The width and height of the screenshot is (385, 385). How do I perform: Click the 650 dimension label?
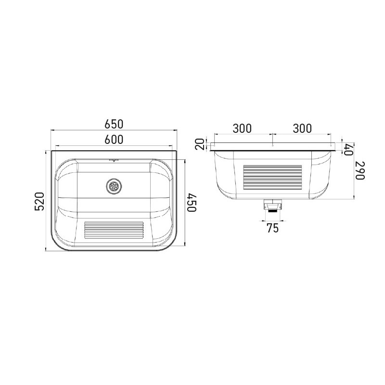[114, 124]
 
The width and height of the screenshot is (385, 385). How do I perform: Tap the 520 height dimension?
[39, 201]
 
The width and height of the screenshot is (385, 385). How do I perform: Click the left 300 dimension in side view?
[242, 128]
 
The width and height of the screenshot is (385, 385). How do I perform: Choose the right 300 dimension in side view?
[302, 128]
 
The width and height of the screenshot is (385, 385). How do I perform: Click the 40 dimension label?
[349, 149]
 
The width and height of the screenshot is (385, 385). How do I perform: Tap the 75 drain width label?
[272, 228]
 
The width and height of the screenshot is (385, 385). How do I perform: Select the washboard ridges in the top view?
[114, 230]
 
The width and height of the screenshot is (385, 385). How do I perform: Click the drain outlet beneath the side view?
[272, 206]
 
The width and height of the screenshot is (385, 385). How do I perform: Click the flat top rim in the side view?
[272, 145]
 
